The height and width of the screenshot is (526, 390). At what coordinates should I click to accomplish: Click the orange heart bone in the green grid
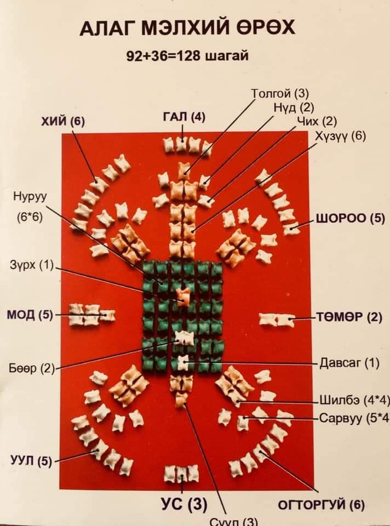(183, 296)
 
